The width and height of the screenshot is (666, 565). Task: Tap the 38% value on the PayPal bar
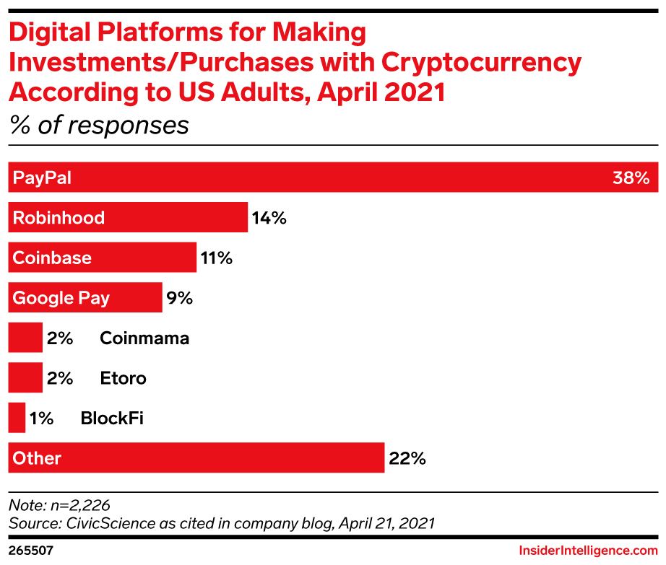coord(631,178)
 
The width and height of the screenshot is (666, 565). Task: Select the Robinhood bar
coord(128,217)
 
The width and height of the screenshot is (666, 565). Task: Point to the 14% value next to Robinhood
coord(269,217)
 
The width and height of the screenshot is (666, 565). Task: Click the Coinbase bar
coord(102,258)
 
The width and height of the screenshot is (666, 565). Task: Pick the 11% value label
coord(216,258)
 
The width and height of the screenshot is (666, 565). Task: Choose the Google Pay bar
coord(85,297)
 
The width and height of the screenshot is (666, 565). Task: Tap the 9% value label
coord(179,297)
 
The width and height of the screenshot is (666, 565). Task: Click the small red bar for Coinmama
coord(25,338)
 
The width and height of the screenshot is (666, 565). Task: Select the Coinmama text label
coord(144,338)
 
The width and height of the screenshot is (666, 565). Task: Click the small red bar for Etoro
coord(25,377)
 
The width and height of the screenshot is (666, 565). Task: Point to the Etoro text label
coord(124,377)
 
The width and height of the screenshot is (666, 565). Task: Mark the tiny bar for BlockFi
coord(17,418)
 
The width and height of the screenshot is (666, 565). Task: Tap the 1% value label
coord(41,418)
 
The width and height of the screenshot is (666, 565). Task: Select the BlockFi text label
coord(112,418)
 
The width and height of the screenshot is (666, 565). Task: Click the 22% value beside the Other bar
coord(407,457)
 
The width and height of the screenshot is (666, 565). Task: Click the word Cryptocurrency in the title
coord(481,63)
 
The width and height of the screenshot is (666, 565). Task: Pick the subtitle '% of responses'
coord(99,125)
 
